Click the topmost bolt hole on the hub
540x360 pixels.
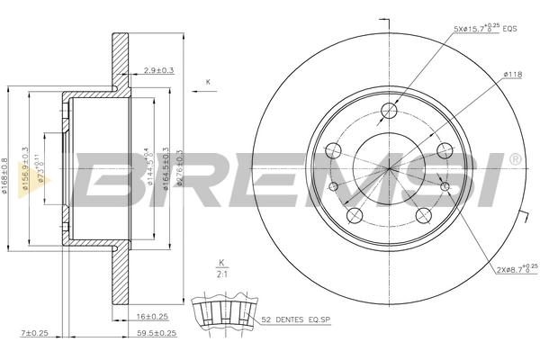(390, 111)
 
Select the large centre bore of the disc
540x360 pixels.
(390, 167)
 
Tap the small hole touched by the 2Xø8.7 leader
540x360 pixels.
(445, 186)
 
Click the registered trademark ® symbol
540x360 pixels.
(514, 159)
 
